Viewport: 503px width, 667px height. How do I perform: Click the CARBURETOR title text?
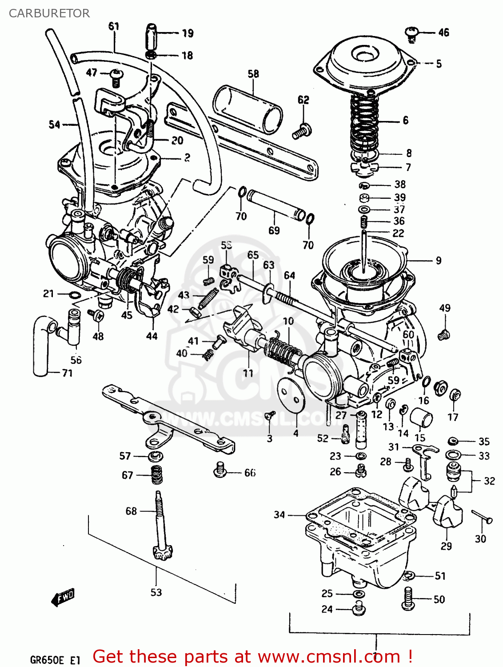tap(49, 13)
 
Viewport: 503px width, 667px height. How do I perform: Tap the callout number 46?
tap(443, 32)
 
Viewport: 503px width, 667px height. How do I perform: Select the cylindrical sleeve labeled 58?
tap(248, 109)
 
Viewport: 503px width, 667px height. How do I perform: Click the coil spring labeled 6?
tap(364, 122)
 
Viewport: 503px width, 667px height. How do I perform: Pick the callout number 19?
tap(188, 33)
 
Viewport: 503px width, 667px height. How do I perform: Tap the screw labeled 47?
tap(116, 77)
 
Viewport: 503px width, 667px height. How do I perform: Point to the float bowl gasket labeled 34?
tap(360, 516)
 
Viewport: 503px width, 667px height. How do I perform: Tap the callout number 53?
tap(156, 592)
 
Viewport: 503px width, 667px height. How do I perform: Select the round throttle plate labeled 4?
tap(291, 395)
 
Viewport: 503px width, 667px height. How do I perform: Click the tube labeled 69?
tap(276, 205)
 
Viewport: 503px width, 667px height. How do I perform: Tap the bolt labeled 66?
tap(220, 470)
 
